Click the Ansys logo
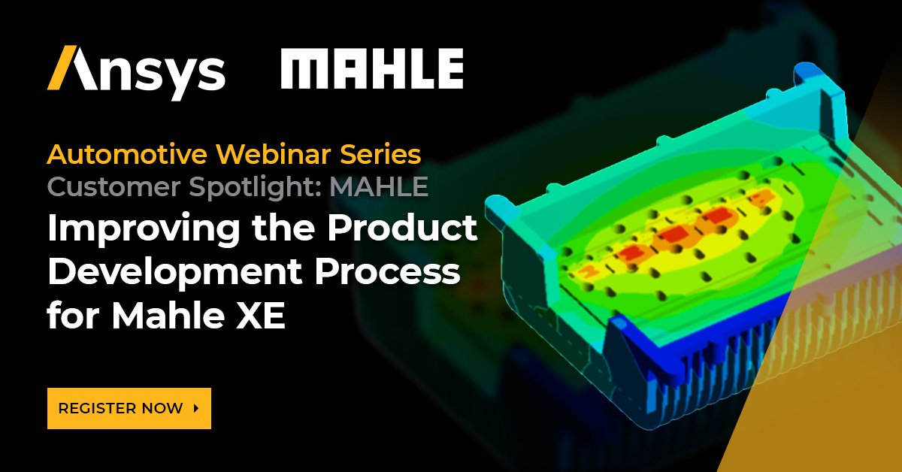pyautogui.click(x=136, y=72)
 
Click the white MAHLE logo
pyautogui.click(x=371, y=71)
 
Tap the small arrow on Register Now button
pyautogui.click(x=196, y=409)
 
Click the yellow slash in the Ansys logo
pyautogui.click(x=64, y=69)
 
